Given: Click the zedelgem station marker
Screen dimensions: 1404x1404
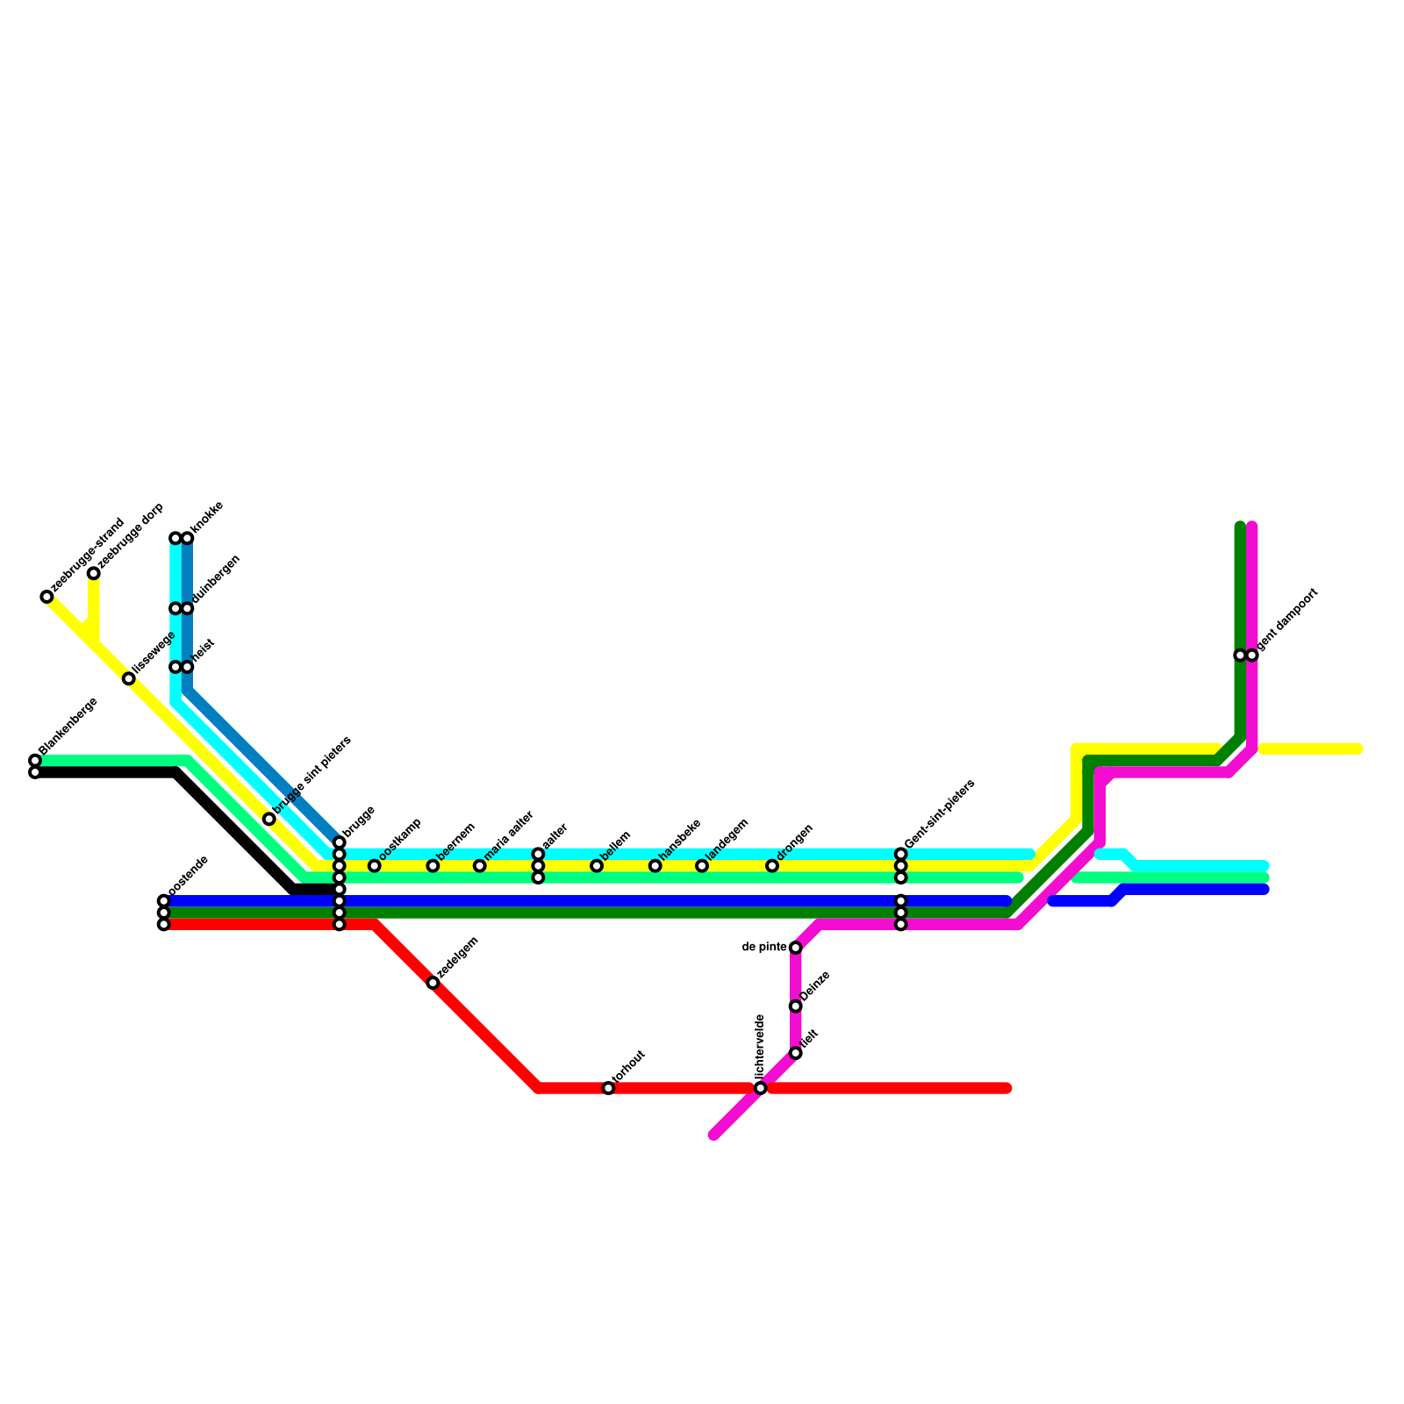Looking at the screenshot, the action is (x=433, y=983).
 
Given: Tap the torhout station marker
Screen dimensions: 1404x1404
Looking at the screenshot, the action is (x=608, y=1088).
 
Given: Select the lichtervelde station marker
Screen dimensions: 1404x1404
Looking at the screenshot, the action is (x=761, y=1088).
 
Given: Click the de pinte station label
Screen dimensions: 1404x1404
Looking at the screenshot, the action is (x=764, y=947).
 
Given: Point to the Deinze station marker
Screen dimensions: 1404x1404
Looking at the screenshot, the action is (x=795, y=1006).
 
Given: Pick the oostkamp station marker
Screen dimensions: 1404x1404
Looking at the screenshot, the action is (x=375, y=866).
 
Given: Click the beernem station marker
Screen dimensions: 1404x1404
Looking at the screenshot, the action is (x=433, y=866).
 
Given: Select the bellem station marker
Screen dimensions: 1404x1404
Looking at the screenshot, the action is (x=597, y=866).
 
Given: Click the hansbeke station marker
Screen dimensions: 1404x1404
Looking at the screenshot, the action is (x=655, y=866).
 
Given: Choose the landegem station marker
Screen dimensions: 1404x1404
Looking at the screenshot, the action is (x=702, y=866).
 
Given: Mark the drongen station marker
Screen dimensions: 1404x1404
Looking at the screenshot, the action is (x=772, y=866).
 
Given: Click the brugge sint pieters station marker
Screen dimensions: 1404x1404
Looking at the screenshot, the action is (x=269, y=819).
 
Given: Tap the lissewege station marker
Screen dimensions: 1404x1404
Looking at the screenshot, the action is (x=129, y=678).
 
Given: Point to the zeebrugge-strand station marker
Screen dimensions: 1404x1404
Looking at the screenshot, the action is (x=47, y=597).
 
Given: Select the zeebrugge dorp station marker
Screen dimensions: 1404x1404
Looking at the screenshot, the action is (x=93, y=573).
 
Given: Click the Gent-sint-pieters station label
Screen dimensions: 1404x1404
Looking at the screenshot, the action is (x=940, y=813).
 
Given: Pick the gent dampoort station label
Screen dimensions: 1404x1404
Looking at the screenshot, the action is (x=1288, y=620).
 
